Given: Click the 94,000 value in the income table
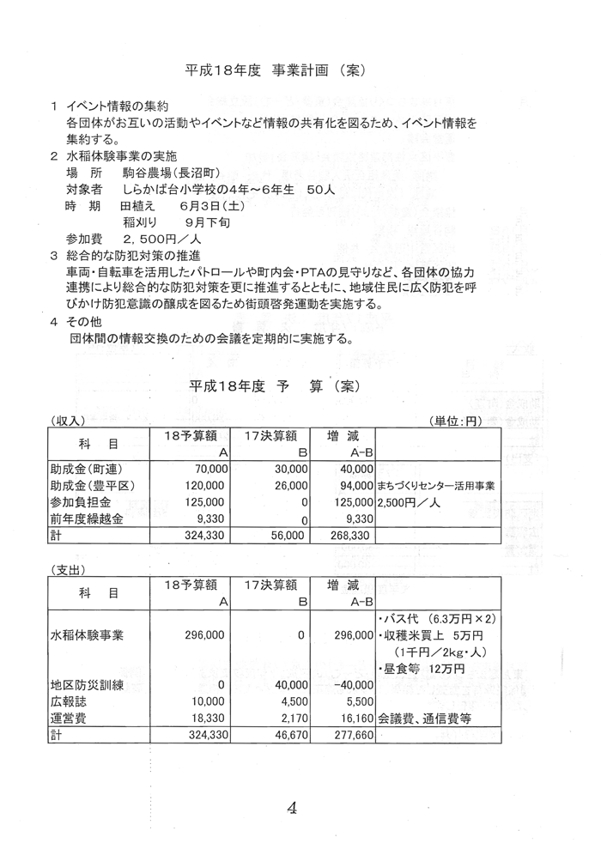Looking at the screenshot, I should click(355, 486).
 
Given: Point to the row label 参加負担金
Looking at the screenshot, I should click(84, 502).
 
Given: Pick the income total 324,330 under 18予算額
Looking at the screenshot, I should click(205, 535).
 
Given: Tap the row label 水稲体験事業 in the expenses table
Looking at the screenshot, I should click(88, 635).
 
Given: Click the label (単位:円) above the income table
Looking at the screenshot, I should click(464, 421).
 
